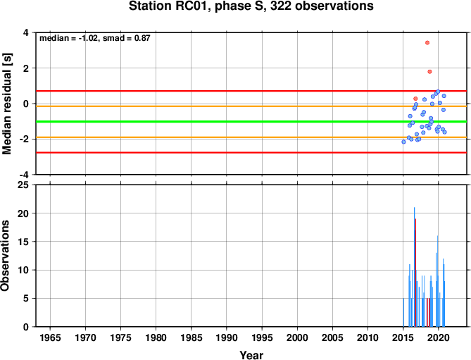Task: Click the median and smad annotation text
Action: (x=95, y=38)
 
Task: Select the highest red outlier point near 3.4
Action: (x=427, y=43)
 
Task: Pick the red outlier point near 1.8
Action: (x=429, y=72)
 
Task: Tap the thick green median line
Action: (x=251, y=121)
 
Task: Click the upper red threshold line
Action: (x=251, y=91)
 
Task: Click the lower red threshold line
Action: (x=251, y=153)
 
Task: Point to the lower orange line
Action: (x=251, y=137)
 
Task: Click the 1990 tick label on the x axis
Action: (x=227, y=337)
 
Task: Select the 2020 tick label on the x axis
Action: (x=438, y=337)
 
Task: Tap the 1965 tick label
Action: (x=50, y=337)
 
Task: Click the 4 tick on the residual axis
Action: (x=27, y=32)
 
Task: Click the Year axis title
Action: (x=251, y=355)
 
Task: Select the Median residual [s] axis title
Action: (x=6, y=104)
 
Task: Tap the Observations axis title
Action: (x=5, y=256)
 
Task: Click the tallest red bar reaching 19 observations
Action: (x=415, y=273)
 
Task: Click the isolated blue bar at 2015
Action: (x=403, y=313)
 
